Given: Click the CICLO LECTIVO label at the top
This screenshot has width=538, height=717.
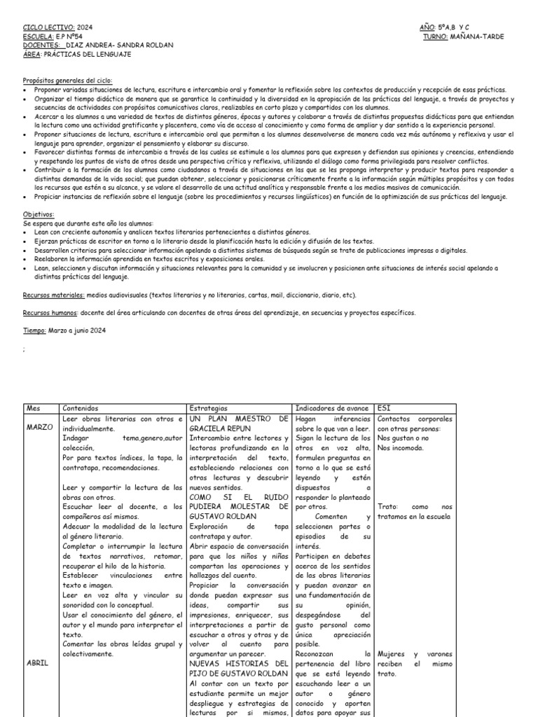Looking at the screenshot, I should [47, 27].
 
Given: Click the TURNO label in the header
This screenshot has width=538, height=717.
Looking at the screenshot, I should [437, 36].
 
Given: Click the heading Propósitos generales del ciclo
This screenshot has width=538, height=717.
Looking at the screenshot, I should [67, 81].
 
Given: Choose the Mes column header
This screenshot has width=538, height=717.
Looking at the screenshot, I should [33, 408].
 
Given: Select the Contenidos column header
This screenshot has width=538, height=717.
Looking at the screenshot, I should [81, 408].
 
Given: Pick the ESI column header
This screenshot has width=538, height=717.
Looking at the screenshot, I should [384, 408].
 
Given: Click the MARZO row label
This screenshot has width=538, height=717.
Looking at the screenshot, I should [39, 426].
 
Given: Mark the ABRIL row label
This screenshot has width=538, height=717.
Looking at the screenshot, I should [36, 663].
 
